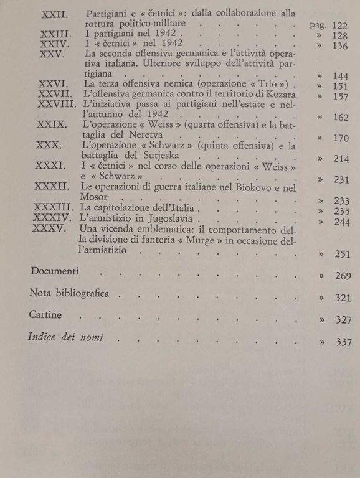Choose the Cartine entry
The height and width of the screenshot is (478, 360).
45,315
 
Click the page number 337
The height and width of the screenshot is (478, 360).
343,342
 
